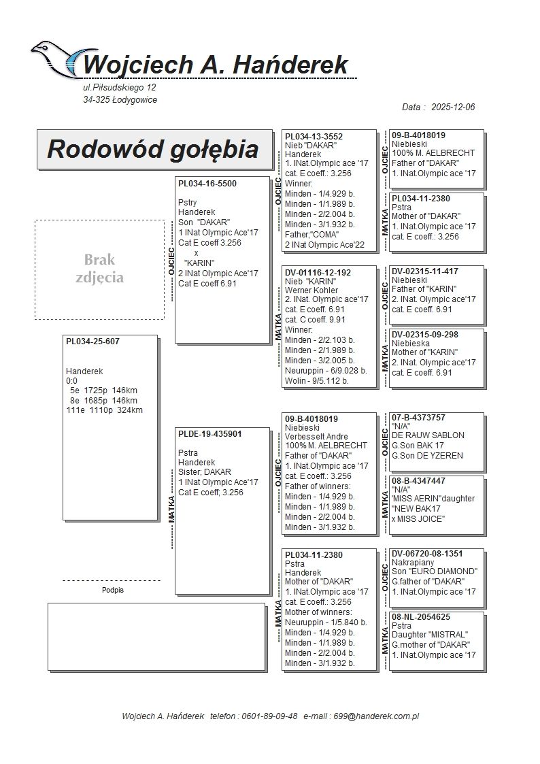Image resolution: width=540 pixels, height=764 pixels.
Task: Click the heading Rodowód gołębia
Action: (152, 149)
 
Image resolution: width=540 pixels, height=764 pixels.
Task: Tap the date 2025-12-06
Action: (453, 107)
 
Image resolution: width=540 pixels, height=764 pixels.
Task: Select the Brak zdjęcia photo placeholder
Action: (99, 269)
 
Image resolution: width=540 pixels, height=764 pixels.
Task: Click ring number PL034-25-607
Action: (92, 341)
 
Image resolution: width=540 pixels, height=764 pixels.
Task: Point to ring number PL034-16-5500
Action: (207, 184)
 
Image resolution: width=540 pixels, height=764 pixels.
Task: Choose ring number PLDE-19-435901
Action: (210, 434)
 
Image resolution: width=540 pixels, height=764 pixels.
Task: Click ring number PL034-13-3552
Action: (314, 137)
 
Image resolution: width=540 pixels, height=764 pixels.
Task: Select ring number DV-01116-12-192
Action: (318, 273)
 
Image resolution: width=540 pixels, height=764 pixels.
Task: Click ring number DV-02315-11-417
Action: (425, 271)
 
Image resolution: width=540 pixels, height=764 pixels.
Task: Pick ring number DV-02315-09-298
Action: (425, 335)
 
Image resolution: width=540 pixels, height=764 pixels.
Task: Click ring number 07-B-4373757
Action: (419, 417)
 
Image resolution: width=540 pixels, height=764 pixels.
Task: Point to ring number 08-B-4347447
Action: (419, 481)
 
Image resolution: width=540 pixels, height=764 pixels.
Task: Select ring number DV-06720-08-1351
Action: (428, 554)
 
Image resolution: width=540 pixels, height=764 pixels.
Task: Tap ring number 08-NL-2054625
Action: (421, 617)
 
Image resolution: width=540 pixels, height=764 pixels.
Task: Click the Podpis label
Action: (112, 591)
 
